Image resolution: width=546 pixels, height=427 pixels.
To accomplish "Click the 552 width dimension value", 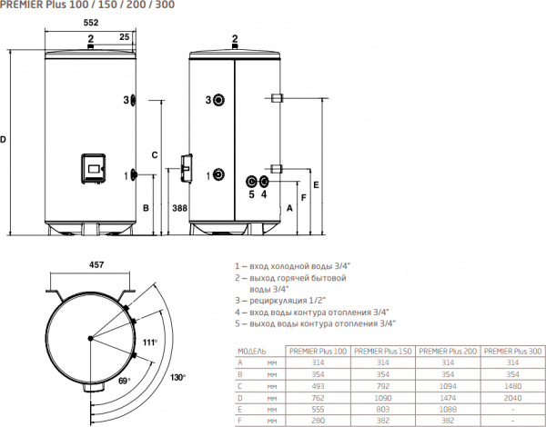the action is [91, 23].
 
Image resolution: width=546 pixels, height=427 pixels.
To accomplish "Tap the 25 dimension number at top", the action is [125, 37].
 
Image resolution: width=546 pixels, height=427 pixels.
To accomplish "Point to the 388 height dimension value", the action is [179, 208].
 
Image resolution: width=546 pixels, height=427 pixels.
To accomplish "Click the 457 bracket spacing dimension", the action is [96, 265].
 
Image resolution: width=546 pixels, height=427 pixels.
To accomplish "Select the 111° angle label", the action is [150, 343].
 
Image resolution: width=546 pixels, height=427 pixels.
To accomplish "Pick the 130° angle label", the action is [178, 377].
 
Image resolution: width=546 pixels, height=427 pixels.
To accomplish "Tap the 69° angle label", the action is [124, 381].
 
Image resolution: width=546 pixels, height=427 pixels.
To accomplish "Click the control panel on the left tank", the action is [94, 169].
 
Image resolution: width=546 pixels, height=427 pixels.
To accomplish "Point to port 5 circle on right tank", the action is [251, 182].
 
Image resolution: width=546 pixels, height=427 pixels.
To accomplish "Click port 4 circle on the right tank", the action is [263, 181].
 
